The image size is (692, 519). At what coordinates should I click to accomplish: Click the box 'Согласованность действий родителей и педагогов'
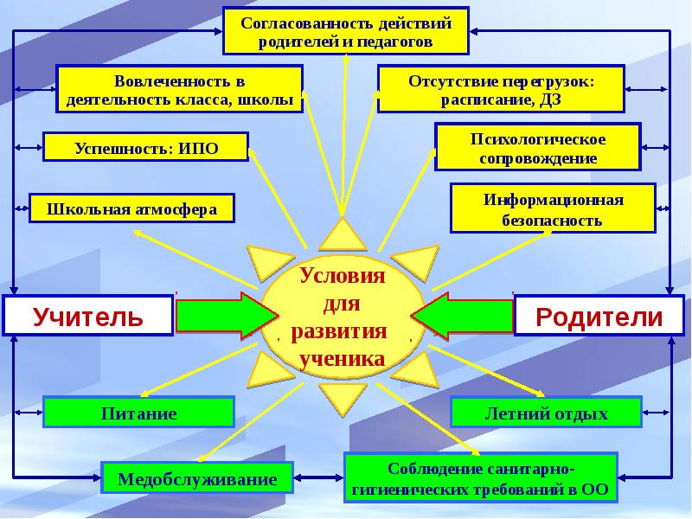pyautogui.click(x=345, y=31)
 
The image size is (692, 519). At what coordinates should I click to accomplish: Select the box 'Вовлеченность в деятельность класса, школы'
pyautogui.click(x=180, y=90)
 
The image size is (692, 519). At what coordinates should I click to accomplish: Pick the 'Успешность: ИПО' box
pyautogui.click(x=145, y=148)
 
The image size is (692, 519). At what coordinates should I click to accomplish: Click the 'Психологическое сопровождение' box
pyautogui.click(x=537, y=148)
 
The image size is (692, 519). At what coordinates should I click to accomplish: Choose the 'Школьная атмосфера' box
pyautogui.click(x=132, y=208)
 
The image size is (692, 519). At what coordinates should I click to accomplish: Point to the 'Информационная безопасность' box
pyautogui.click(x=553, y=209)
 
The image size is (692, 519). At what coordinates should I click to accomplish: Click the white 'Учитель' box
pyautogui.click(x=88, y=316)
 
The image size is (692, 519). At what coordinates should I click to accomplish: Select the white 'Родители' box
pyautogui.click(x=599, y=316)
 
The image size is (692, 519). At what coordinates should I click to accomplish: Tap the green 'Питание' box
pyautogui.click(x=139, y=413)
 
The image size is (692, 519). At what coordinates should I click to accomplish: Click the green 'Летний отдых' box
pyautogui.click(x=546, y=413)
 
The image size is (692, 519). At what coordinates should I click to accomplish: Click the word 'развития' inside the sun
pyautogui.click(x=339, y=332)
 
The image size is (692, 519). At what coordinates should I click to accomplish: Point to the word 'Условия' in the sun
pyautogui.click(x=342, y=277)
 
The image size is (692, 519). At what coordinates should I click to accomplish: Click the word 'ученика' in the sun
pyautogui.click(x=341, y=358)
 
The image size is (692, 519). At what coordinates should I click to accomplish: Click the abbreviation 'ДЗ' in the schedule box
pyautogui.click(x=573, y=99)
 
